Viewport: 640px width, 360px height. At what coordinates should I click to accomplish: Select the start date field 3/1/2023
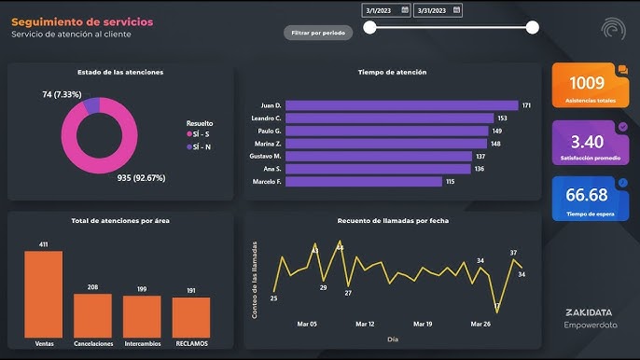(385, 10)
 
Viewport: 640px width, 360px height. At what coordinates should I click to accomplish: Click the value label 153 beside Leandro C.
(502, 118)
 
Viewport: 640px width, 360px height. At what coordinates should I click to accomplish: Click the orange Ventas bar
(43, 294)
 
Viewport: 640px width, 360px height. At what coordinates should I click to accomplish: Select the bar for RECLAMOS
(191, 316)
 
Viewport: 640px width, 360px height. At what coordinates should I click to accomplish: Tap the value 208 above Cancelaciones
(92, 287)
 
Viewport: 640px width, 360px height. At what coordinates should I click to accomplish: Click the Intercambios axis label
(142, 343)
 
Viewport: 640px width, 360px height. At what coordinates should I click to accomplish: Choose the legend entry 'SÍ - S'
(201, 134)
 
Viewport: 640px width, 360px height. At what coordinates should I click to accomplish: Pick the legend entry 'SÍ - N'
(201, 146)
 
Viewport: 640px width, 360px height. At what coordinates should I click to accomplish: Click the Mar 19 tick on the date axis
(422, 325)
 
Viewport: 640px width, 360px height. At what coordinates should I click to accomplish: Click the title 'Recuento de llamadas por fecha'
(392, 221)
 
